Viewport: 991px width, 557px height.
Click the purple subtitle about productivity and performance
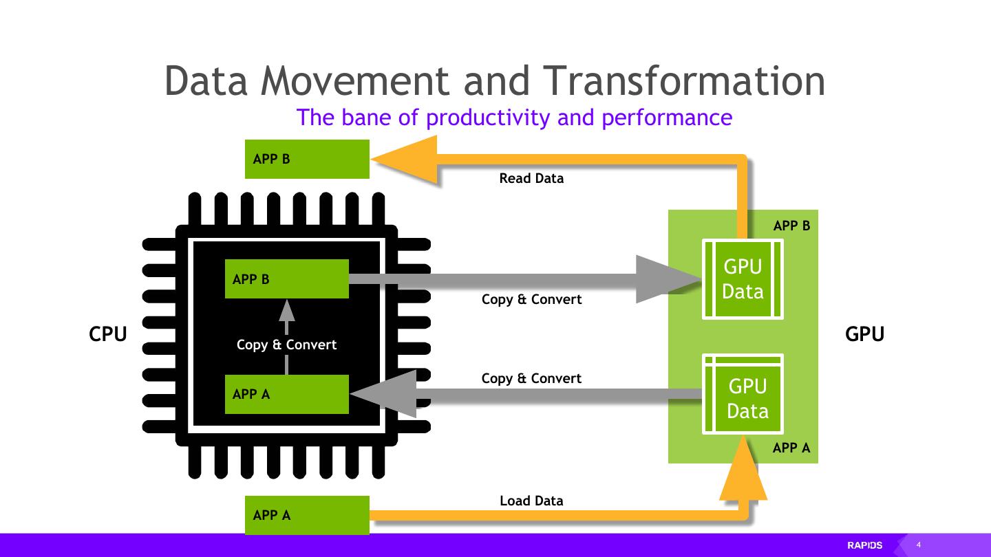tap(514, 118)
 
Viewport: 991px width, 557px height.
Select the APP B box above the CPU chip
tap(307, 159)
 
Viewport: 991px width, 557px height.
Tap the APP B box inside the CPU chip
tap(286, 279)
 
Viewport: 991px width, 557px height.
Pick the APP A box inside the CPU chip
tap(286, 394)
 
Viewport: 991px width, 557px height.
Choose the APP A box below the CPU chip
tap(307, 515)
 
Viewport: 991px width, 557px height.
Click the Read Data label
tap(531, 178)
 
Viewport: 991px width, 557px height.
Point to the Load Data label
tap(531, 501)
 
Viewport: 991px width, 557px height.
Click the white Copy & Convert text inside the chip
tap(286, 345)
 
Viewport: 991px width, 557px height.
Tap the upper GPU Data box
tap(743, 279)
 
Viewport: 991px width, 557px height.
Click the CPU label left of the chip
tap(108, 334)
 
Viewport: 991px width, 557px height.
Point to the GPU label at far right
tap(864, 334)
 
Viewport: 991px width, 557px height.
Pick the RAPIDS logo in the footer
tap(864, 545)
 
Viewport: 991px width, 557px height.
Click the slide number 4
tap(919, 545)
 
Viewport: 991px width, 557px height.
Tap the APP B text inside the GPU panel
tap(791, 226)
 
